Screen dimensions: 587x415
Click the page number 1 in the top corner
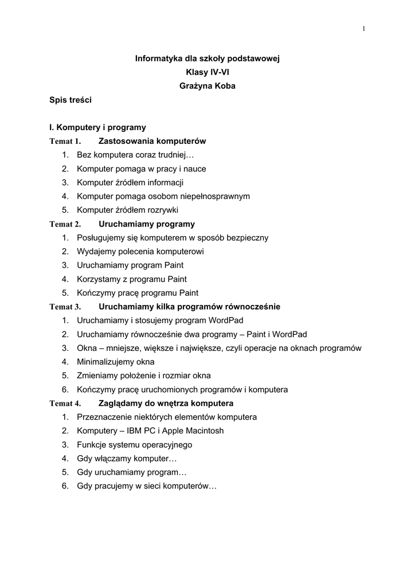coord(363,29)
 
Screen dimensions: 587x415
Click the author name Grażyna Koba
coord(207,86)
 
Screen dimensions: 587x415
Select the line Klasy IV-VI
coord(207,72)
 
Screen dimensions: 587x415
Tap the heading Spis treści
coord(71,100)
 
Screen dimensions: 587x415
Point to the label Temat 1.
coord(65,142)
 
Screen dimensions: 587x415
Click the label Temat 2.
coord(65,224)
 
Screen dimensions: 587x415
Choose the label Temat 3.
coord(65,307)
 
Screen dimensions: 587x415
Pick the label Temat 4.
coord(65,404)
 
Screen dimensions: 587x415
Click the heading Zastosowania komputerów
coord(152,141)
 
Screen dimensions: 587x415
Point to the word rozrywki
coord(162,210)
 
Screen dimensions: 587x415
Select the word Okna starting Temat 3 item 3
coord(87,348)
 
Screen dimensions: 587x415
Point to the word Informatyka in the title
coord(159,58)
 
